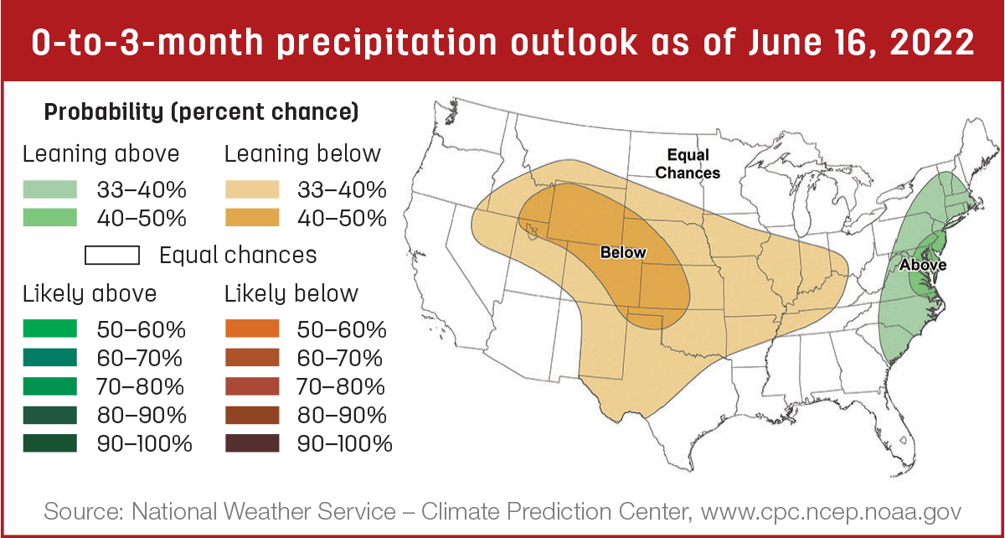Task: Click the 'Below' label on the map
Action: [623, 252]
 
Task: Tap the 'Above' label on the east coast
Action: [923, 265]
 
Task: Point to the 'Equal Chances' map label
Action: [688, 164]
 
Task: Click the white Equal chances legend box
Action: [112, 255]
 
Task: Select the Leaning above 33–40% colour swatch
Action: [49, 189]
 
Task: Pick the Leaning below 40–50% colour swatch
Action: [252, 218]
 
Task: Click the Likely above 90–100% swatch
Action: [49, 443]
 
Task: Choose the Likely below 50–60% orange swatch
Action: [252, 328]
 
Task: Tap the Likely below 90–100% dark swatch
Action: [252, 443]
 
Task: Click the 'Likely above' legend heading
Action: [90, 294]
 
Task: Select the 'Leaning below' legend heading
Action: [302, 154]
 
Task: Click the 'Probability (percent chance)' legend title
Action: [202, 111]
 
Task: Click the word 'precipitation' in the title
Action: [386, 44]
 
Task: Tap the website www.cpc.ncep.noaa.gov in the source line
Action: [831, 511]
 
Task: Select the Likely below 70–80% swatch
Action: [252, 386]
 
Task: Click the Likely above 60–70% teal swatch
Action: [49, 358]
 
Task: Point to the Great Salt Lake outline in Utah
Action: [533, 230]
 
